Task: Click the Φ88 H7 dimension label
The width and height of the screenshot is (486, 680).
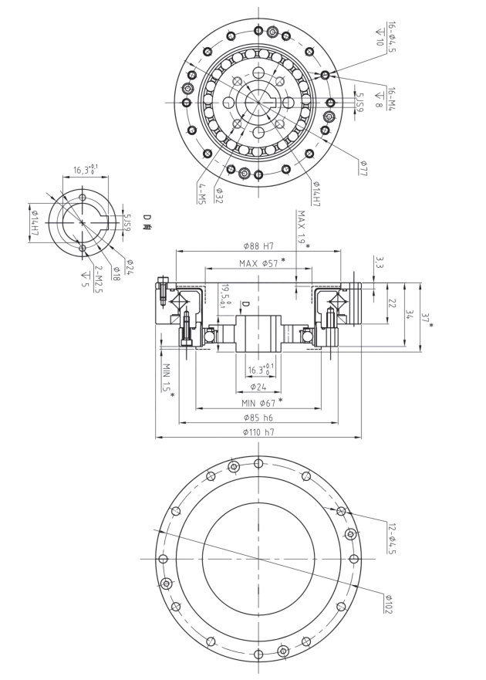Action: coord(258,246)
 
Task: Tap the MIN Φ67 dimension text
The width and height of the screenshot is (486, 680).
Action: coord(258,401)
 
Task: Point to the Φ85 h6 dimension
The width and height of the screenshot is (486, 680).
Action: coord(258,417)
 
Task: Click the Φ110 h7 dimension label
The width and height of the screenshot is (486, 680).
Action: coord(258,432)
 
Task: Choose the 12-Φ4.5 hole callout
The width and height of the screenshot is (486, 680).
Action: coord(391,538)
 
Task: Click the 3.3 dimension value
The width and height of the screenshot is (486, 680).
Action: coord(379,262)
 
